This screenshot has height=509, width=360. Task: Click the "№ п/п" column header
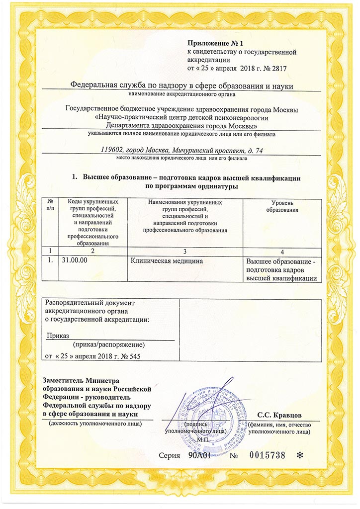[x=51, y=204]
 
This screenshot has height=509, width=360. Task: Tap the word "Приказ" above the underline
[x=58, y=336]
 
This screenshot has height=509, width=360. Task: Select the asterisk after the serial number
[x=299, y=456]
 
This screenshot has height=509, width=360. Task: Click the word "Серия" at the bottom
[x=170, y=456]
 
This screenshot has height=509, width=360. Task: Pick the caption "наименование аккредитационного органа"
[x=181, y=93]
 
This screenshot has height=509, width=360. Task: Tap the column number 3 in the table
[x=184, y=250]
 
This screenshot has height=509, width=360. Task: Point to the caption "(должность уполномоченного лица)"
[x=94, y=424]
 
